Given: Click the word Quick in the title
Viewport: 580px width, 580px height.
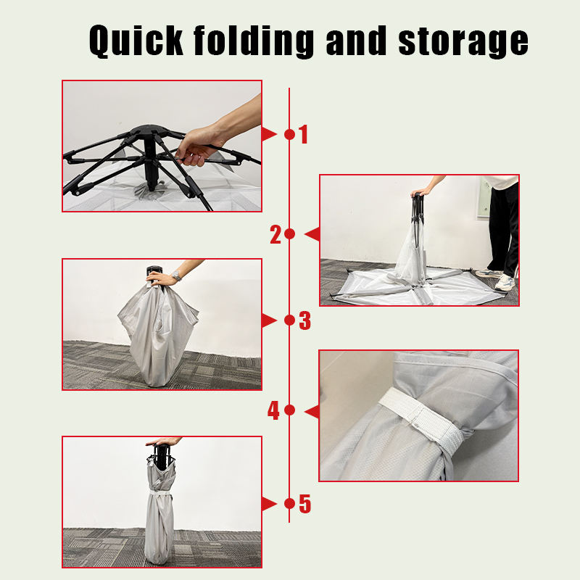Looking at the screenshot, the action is coord(136,41).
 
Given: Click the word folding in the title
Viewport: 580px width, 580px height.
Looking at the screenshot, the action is coord(254,41).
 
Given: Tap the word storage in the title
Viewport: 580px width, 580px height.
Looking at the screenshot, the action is coord(463,43).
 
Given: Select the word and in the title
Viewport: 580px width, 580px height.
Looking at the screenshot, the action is coord(356,40).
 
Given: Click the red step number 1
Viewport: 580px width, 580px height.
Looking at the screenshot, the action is coord(304,134).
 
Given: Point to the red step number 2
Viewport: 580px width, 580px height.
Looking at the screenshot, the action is coord(275,234).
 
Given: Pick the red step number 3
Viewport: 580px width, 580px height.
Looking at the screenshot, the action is coord(304,320).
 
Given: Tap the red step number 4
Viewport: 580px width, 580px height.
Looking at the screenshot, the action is coord(273,410).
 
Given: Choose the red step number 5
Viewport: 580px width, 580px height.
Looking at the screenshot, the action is coord(304,504).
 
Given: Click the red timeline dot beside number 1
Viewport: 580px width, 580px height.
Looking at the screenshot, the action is coord(289,135).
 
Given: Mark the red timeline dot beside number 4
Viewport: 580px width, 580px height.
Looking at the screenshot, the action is coord(289,410).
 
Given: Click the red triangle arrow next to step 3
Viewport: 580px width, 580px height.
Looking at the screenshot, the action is coord(269,320).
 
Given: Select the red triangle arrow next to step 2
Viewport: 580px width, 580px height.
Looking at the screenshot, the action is coord(312,234).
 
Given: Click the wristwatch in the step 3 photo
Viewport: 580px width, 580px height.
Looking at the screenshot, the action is coord(176,275).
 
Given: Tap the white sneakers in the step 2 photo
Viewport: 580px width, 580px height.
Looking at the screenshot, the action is coord(496,279).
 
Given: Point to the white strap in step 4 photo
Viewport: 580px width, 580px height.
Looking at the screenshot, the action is coord(422,418).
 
